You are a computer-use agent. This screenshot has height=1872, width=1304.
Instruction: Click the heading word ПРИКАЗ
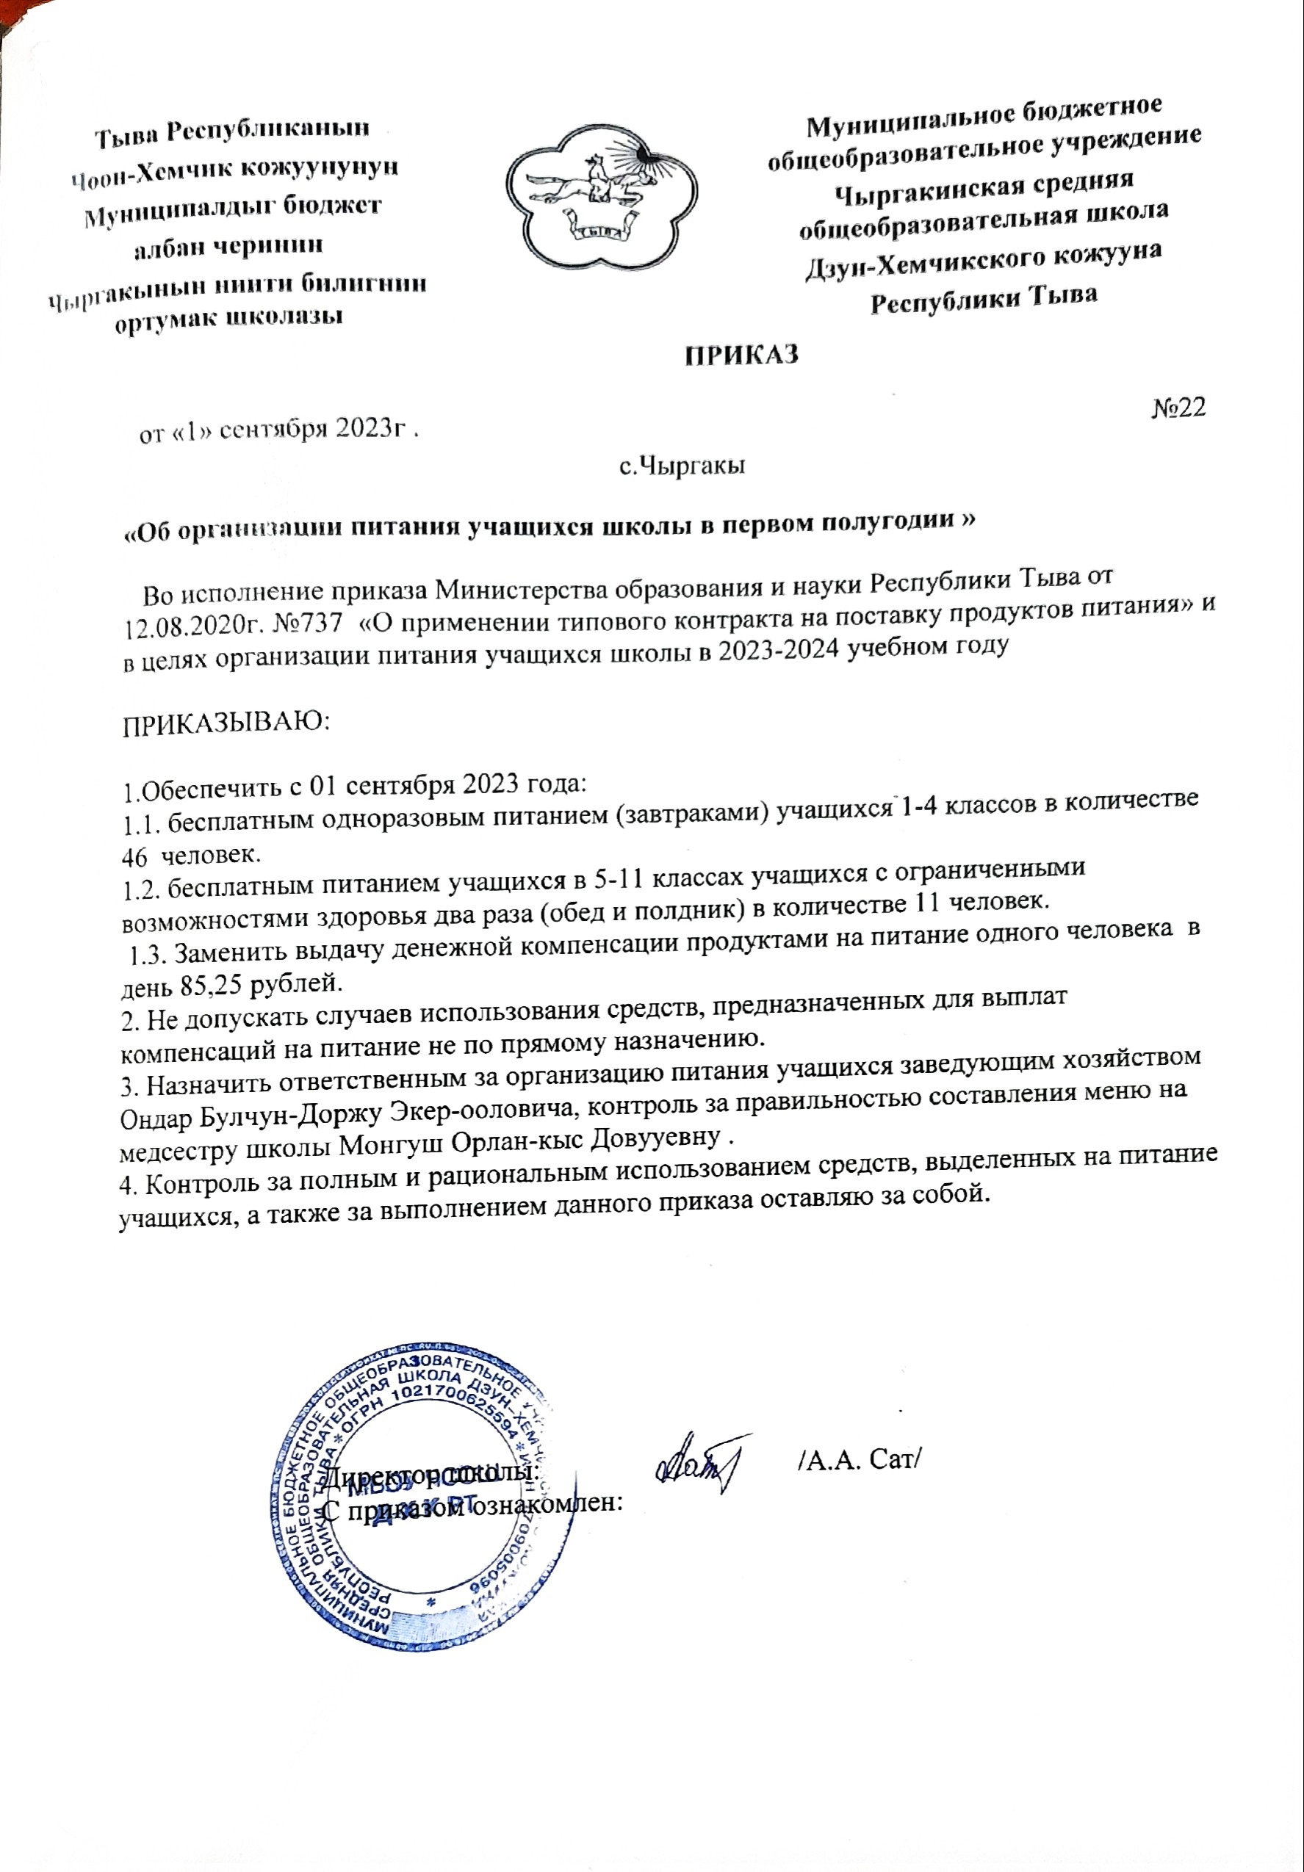741,355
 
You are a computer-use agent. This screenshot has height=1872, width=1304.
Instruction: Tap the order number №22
1178,408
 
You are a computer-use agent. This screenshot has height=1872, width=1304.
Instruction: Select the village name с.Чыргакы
682,466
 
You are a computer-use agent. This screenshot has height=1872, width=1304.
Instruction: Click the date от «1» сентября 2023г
281,431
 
